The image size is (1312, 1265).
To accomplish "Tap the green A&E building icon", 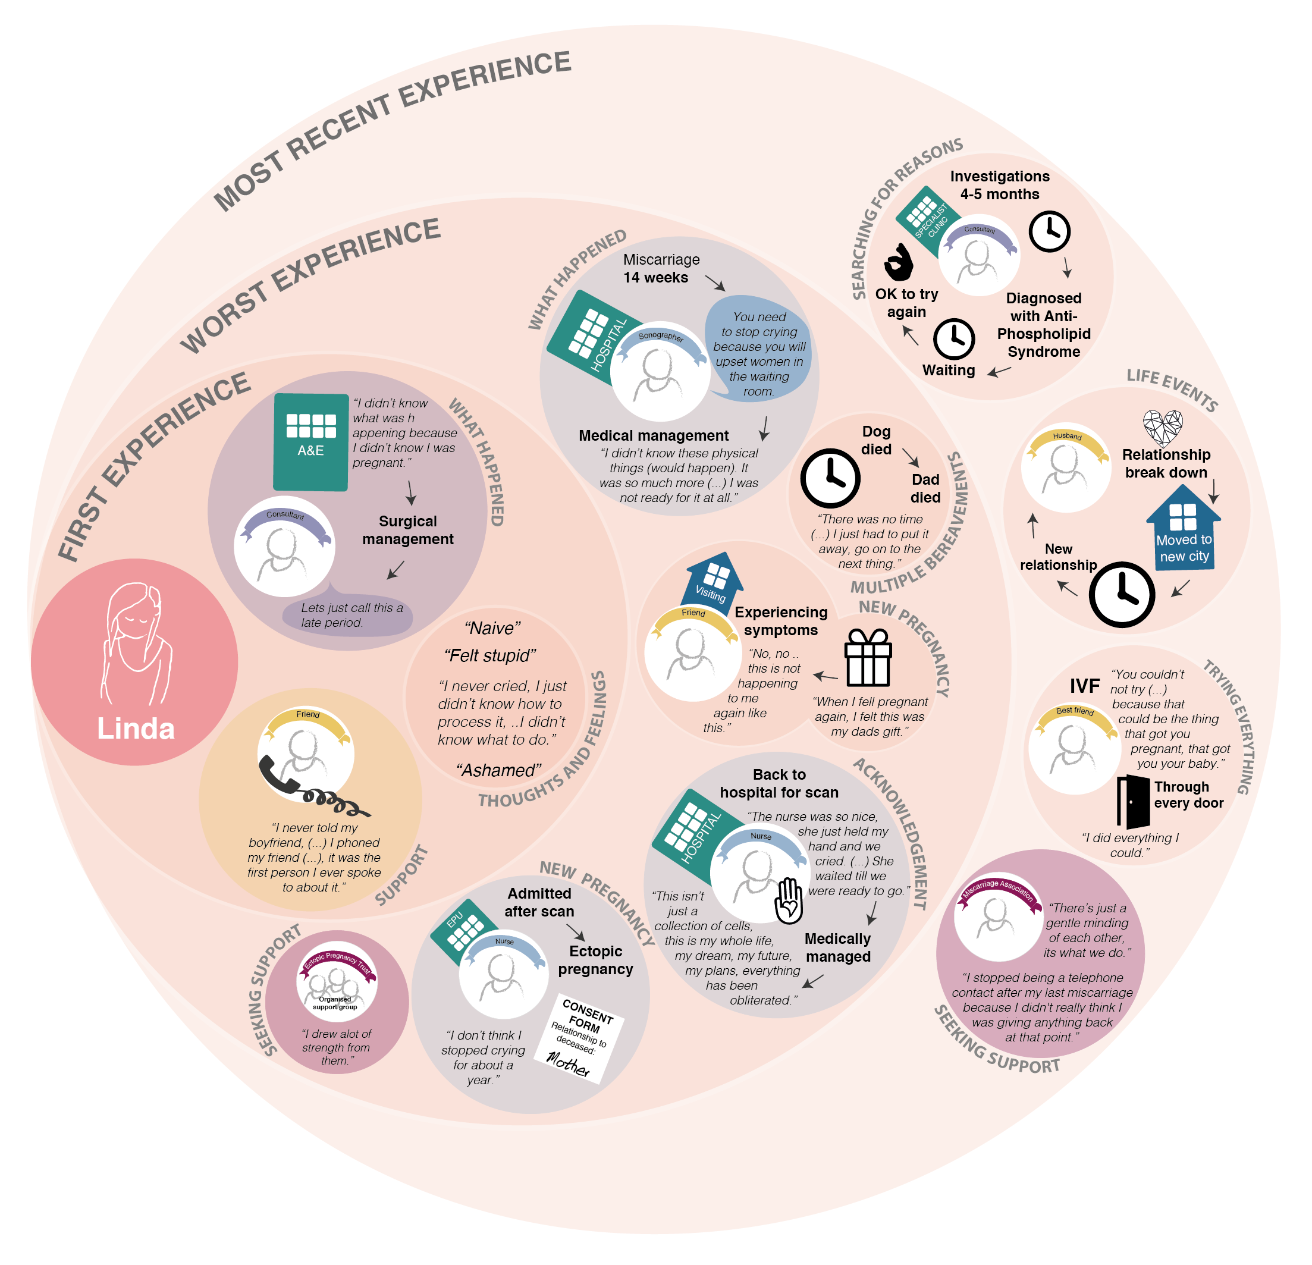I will (x=310, y=441).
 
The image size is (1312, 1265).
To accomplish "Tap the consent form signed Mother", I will (x=579, y=1037).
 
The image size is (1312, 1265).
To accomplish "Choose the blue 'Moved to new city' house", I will (x=1184, y=529).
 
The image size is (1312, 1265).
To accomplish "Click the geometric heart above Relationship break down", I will (x=1163, y=427).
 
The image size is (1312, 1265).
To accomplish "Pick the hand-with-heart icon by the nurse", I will (x=789, y=901).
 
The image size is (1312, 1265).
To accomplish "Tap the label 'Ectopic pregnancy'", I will (x=595, y=960).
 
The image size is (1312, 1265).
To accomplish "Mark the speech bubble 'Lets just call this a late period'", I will (x=348, y=615).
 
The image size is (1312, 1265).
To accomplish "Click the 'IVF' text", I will (x=1084, y=686).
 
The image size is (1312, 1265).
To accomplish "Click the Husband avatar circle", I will (x=1066, y=468).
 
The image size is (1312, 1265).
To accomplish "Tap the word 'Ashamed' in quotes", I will (x=499, y=770).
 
